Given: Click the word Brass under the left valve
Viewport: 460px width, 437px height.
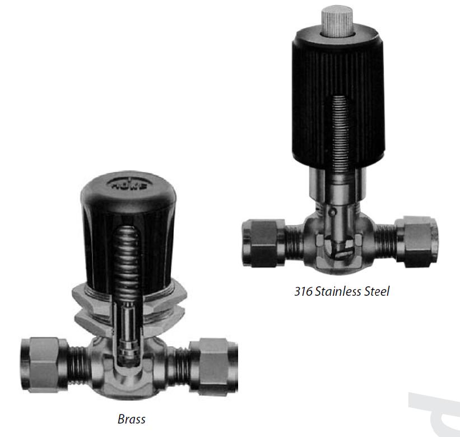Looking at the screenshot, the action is pyautogui.click(x=132, y=419).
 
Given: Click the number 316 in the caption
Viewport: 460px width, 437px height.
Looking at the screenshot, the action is pyautogui.click(x=303, y=291).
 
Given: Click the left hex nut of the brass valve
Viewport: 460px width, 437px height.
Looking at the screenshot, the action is pyautogui.click(x=44, y=365).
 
